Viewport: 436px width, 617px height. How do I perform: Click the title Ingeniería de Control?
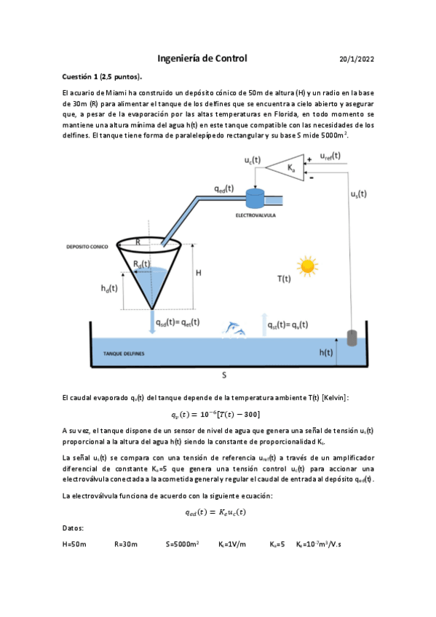(x=202, y=58)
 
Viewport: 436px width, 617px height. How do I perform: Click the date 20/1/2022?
(x=357, y=59)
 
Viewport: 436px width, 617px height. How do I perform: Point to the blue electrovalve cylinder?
(x=255, y=198)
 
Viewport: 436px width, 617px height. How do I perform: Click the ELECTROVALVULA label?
(x=255, y=216)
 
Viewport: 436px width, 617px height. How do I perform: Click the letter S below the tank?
(x=224, y=375)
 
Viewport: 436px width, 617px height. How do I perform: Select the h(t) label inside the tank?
(x=327, y=352)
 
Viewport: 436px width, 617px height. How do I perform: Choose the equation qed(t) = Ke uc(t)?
(x=215, y=511)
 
